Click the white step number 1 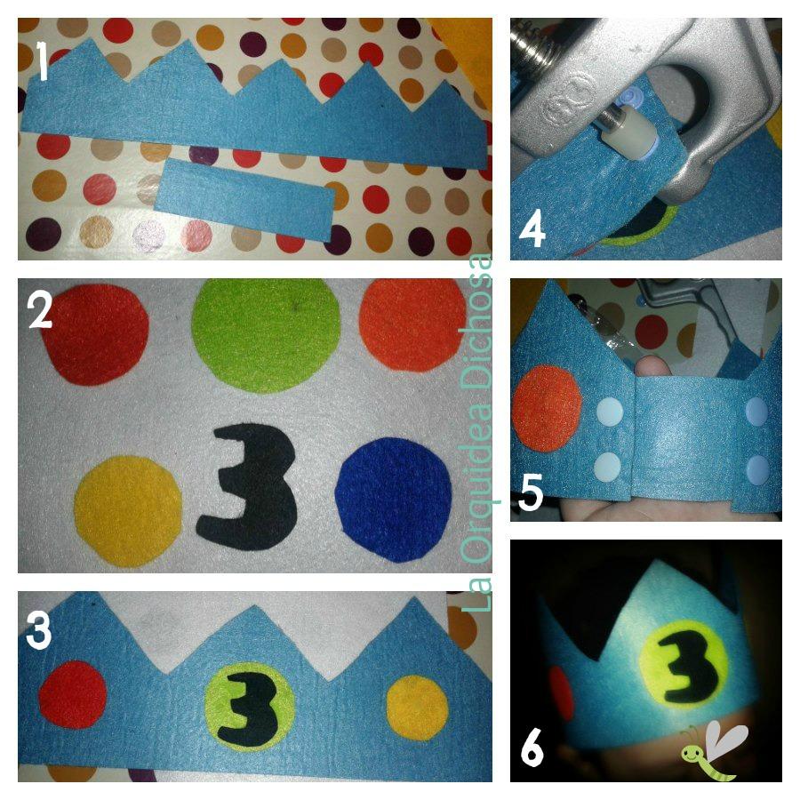[43, 61]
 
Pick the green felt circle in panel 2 [266, 336]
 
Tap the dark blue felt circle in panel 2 [394, 500]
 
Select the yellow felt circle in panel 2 [128, 511]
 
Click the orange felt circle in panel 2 [412, 325]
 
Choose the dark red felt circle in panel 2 [95, 334]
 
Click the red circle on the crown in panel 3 [73, 694]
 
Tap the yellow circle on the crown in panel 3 [418, 708]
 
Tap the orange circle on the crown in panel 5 [547, 409]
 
